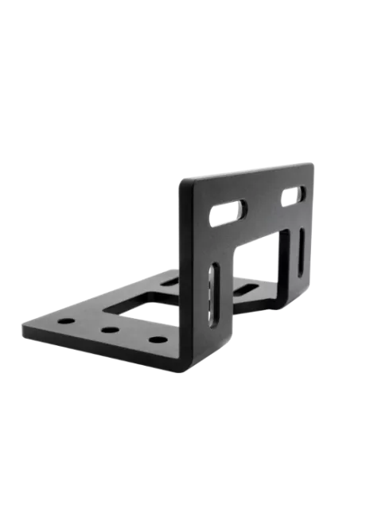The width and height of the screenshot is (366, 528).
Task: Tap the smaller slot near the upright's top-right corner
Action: click(292, 195)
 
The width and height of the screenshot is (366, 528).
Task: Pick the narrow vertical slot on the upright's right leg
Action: click(302, 253)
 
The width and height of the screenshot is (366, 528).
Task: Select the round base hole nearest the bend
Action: click(157, 340)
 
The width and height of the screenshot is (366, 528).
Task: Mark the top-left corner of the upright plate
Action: click(180, 181)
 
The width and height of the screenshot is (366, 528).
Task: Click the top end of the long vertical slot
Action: click(214, 272)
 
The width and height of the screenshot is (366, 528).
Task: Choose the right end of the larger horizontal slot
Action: click(241, 208)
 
